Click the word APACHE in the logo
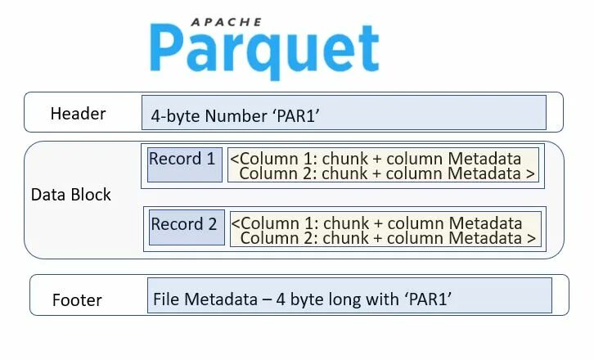225,22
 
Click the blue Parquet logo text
264,51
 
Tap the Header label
78,114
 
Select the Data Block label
70,195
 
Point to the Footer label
77,299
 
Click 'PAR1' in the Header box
295,116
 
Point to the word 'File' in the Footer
166,299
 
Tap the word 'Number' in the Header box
233,116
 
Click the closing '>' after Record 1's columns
531,173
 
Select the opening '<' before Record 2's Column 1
236,223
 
